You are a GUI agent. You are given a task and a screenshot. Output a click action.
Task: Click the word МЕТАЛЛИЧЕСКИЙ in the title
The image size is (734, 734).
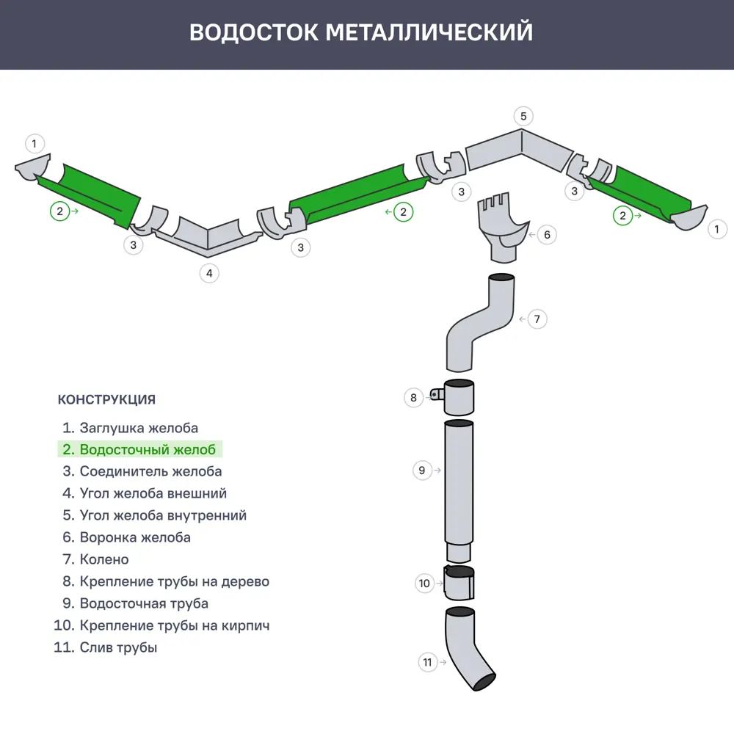[429, 33]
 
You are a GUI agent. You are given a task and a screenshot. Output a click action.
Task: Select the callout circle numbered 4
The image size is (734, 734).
[209, 273]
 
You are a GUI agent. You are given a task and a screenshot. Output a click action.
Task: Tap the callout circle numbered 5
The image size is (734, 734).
[523, 116]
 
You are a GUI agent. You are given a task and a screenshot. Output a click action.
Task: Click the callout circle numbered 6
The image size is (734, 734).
[547, 235]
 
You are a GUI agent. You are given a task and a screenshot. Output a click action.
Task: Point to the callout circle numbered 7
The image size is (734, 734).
[537, 319]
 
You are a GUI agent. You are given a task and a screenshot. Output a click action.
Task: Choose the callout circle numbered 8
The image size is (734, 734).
[414, 398]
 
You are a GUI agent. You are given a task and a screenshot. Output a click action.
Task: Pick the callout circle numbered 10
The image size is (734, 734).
[424, 584]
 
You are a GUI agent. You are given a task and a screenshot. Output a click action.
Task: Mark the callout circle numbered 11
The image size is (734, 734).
[428, 662]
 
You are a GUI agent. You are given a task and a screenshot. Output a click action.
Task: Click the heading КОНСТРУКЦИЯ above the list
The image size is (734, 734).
[106, 400]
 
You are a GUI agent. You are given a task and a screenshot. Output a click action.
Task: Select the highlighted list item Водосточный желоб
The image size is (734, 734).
[147, 449]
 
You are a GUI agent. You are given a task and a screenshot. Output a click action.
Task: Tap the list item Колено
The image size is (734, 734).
[103, 559]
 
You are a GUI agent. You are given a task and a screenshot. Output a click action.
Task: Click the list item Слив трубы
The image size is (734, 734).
[118, 647]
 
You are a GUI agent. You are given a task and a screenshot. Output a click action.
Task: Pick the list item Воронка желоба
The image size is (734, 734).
[135, 537]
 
